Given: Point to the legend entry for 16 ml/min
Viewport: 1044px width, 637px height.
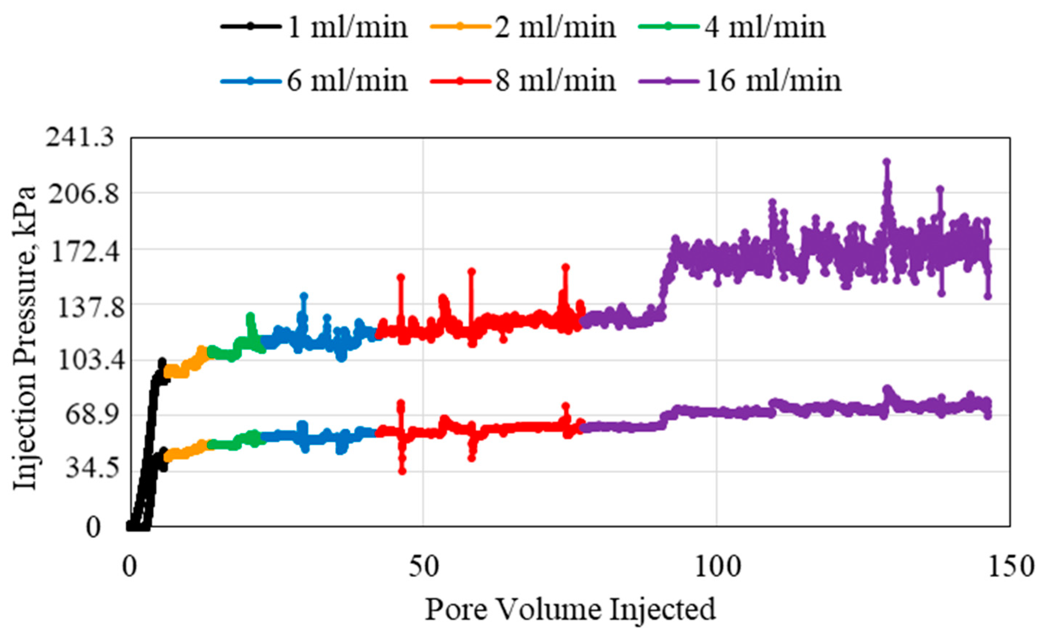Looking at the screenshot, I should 740,81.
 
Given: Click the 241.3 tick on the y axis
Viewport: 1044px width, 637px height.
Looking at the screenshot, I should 80,138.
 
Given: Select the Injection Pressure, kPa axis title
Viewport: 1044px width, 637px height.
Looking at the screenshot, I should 25,339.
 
